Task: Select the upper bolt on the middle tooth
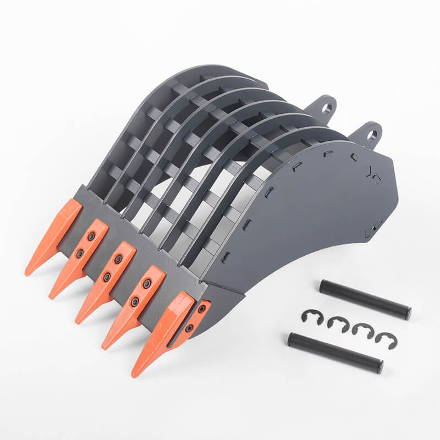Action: click(118, 259)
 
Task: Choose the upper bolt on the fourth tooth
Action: click(147, 284)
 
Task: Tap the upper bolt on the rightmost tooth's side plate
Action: click(201, 309)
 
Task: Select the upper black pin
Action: click(365, 300)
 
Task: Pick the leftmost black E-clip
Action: click(311, 318)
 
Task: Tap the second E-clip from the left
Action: click(338, 324)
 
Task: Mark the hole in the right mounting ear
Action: click(372, 135)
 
